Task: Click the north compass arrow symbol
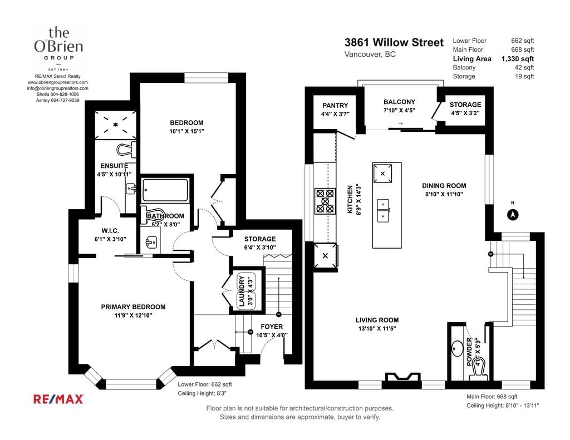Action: [513, 215]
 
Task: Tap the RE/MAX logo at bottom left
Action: [58, 399]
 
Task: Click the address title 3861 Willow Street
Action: [394, 42]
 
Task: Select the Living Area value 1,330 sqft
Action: [517, 58]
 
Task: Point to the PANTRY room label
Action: [335, 105]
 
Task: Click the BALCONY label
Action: [399, 102]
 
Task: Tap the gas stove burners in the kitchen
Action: [325, 201]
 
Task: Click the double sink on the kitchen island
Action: [383, 210]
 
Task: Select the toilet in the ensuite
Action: [127, 149]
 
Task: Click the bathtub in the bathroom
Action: [165, 190]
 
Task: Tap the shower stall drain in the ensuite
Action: [116, 125]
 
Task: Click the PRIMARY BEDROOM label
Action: [133, 307]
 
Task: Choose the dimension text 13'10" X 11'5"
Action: [377, 328]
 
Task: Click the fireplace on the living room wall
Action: [402, 377]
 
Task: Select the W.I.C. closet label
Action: [110, 231]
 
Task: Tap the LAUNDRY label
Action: [242, 291]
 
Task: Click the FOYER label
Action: [272, 327]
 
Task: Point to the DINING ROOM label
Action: [444, 186]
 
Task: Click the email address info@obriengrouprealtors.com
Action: [57, 88]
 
